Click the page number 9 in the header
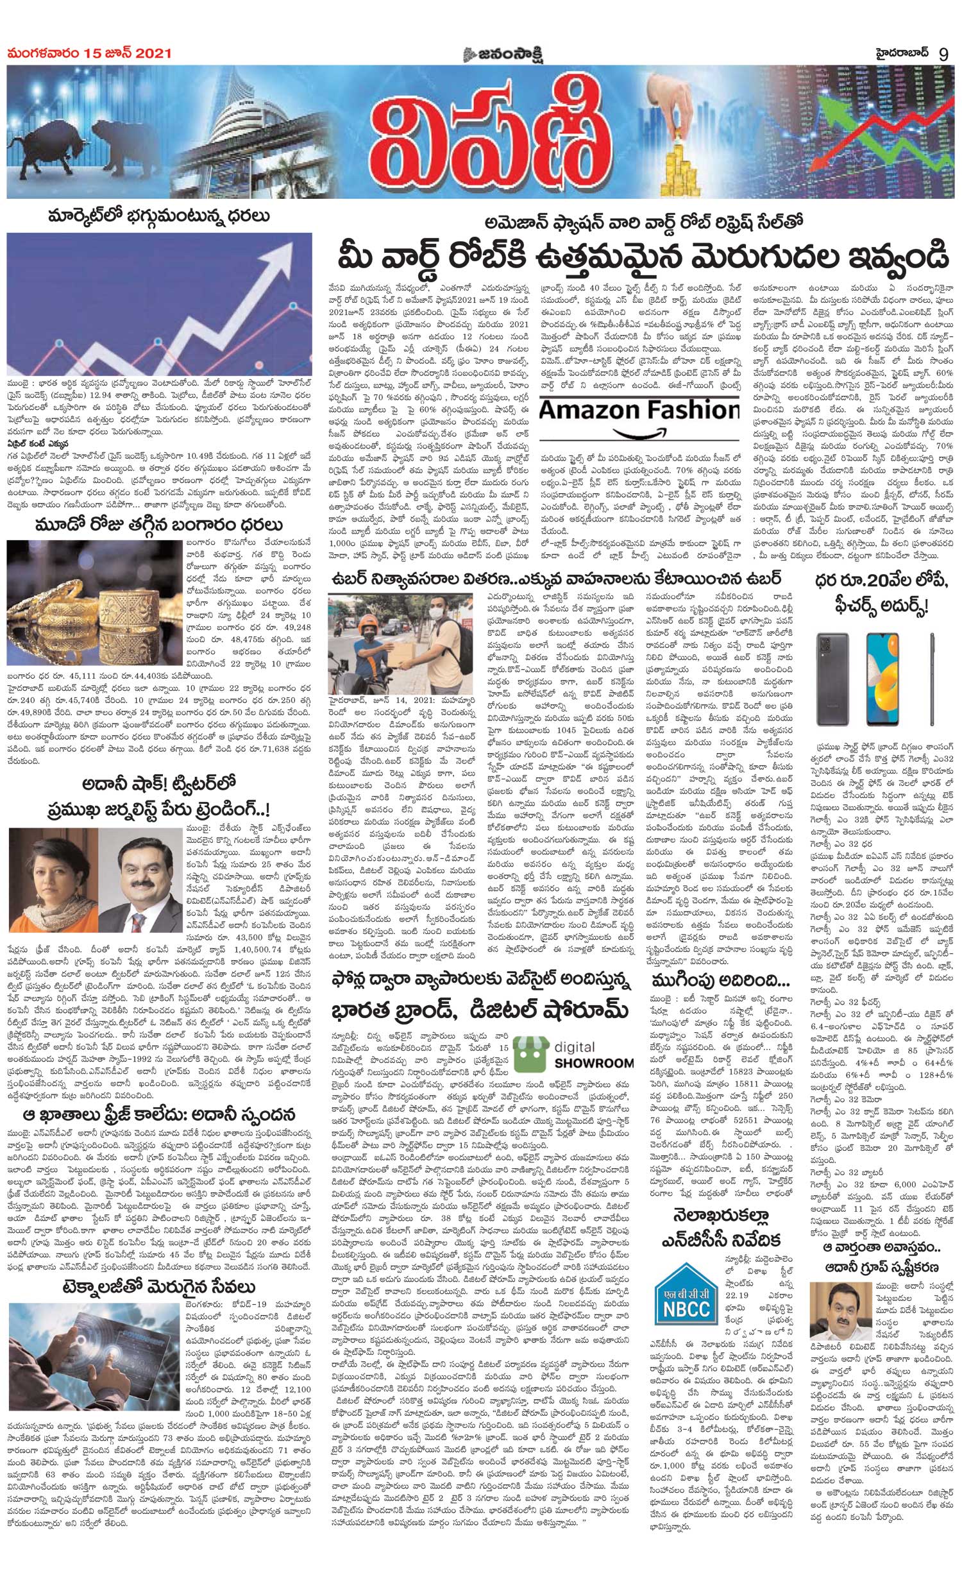pos(943,54)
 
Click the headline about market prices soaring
pos(160,216)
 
